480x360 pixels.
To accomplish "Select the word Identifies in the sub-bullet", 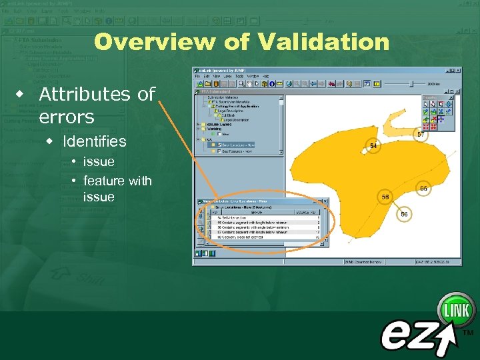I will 94,141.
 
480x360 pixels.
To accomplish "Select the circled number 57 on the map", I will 421,134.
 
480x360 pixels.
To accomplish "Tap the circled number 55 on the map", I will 423,189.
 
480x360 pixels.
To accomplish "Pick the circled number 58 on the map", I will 385,197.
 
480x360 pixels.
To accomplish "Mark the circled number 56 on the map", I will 404,214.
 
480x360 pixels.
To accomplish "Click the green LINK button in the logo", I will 456,311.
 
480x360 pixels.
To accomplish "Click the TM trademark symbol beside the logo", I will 468,331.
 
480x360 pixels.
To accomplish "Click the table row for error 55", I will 267,222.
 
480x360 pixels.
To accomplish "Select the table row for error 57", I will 267,231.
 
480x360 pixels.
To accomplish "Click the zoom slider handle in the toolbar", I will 411,83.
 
